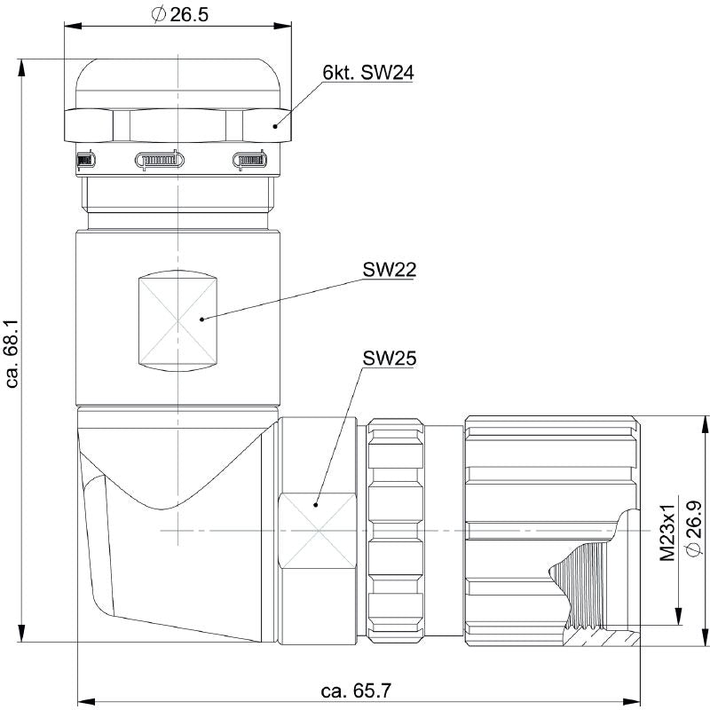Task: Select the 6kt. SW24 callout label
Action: click(x=368, y=74)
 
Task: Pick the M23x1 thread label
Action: click(x=668, y=530)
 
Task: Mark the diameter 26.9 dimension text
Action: click(x=695, y=530)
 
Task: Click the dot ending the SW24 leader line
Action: click(x=275, y=127)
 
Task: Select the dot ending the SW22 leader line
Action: click(x=203, y=318)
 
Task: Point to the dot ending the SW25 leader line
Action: click(x=317, y=505)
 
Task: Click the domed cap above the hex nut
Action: click(x=178, y=84)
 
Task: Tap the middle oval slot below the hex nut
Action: click(x=159, y=161)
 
